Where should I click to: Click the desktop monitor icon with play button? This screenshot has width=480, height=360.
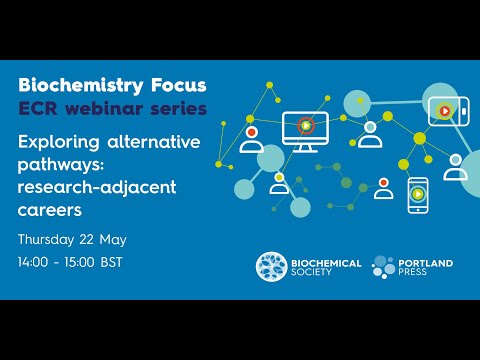pyautogui.click(x=304, y=127)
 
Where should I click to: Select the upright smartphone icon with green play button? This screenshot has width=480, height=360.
pyautogui.click(x=417, y=195)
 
